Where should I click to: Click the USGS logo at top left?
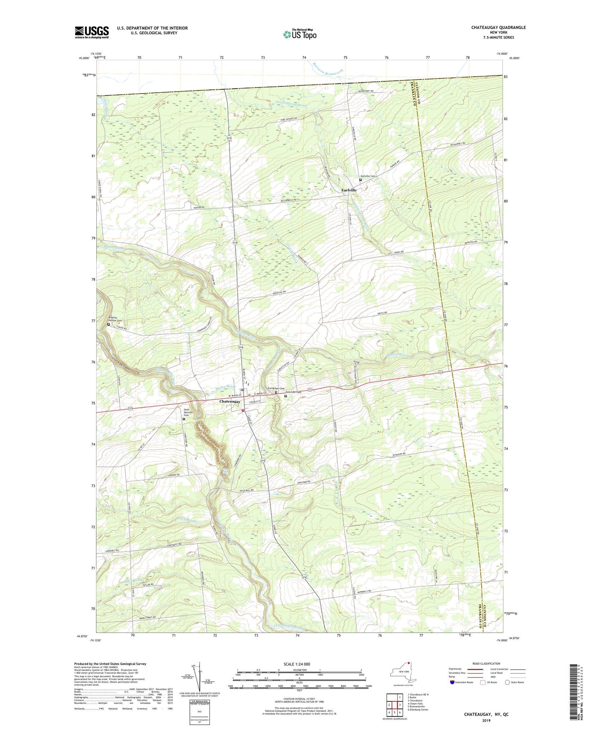92,32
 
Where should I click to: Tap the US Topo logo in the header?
299,34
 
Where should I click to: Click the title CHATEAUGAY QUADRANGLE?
498,28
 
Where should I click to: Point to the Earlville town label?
349,190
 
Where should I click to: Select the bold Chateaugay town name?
230,401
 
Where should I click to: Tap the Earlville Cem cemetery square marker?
361,180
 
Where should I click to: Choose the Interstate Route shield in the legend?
452,682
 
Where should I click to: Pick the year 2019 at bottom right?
486,721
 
